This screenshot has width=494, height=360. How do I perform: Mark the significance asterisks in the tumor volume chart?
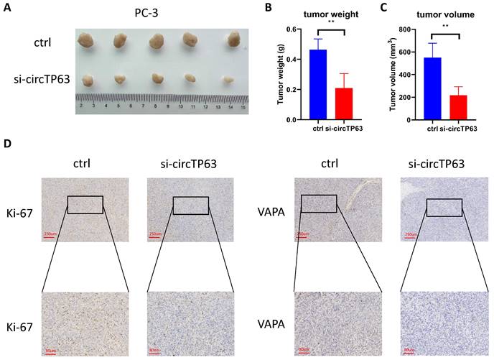[x=445, y=26]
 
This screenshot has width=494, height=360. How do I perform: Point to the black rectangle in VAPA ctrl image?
[x=319, y=203]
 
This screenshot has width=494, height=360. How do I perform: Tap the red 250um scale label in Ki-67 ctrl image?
[x=51, y=234]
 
